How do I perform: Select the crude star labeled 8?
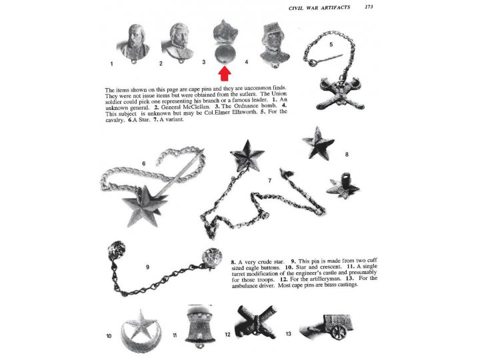318,142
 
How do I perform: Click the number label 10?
109,336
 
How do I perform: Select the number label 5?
331,43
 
